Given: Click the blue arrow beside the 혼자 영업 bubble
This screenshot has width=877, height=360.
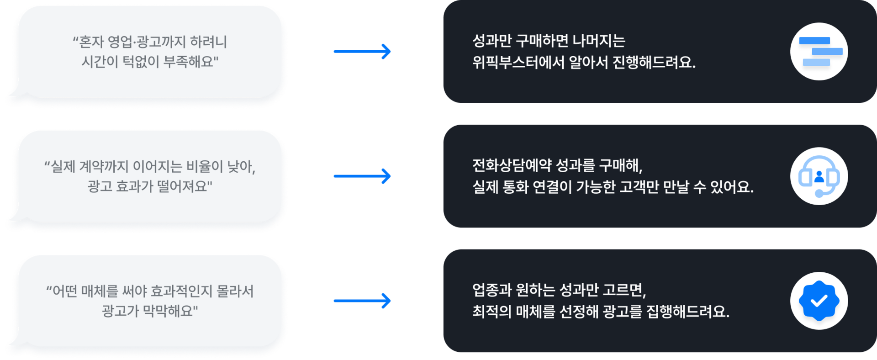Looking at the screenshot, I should pyautogui.click(x=362, y=51).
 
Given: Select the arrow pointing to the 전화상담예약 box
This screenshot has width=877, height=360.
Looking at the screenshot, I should pyautogui.click(x=362, y=176).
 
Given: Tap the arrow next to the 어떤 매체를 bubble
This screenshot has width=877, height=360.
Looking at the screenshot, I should pyautogui.click(x=362, y=301).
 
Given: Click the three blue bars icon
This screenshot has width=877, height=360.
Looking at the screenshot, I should pyautogui.click(x=819, y=52).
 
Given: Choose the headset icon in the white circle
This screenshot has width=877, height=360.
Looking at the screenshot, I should pyautogui.click(x=819, y=176).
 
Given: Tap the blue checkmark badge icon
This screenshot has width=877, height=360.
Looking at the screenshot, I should pyautogui.click(x=819, y=301).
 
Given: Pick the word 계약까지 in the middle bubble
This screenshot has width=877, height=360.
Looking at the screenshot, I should pyautogui.click(x=104, y=167).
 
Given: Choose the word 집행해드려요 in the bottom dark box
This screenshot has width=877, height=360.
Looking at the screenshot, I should pyautogui.click(x=687, y=312).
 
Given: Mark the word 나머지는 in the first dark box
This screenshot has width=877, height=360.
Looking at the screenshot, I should pyautogui.click(x=599, y=41).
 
